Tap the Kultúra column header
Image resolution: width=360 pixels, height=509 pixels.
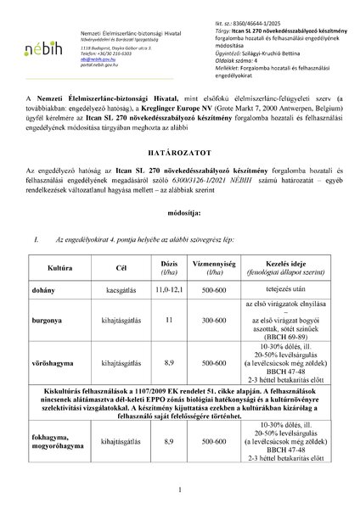59,290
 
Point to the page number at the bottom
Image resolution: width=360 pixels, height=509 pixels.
180,490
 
